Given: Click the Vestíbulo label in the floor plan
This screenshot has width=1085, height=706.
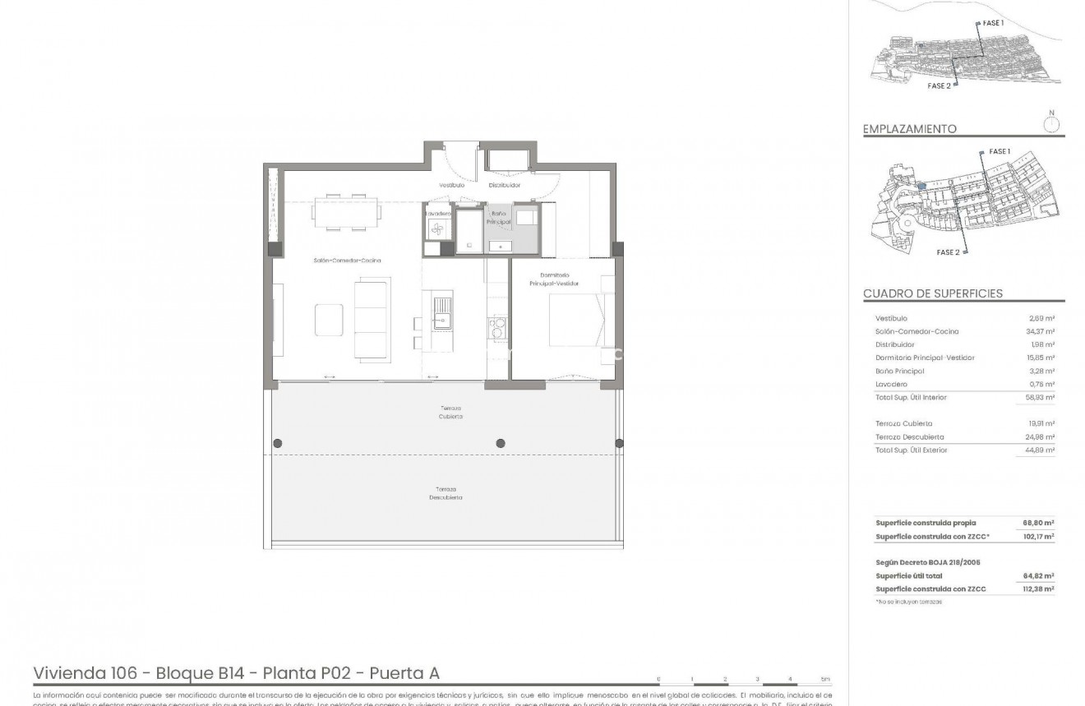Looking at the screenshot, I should pos(451,185).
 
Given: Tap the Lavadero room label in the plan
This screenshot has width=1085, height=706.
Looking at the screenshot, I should pos(437,214).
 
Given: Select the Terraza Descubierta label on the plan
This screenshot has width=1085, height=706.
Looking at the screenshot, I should pos(445,493).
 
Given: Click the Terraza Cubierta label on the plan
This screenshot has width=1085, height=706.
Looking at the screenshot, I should pos(450,413).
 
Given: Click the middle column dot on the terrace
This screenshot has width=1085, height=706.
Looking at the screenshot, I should pos(501,444).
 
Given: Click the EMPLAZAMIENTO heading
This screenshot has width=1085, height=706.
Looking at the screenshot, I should pos(910,129).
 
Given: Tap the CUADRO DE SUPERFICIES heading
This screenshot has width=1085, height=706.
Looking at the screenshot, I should pos(932,293).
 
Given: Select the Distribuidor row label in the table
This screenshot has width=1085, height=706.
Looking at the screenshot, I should pos(894,344).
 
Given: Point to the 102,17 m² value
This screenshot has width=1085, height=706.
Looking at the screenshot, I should pos(1038,537).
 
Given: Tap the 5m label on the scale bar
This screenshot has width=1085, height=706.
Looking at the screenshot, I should pos(825,680).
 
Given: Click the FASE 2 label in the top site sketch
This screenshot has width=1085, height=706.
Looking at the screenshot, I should pos(939,85).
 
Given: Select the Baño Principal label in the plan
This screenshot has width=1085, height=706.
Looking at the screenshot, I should pos(499,219).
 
